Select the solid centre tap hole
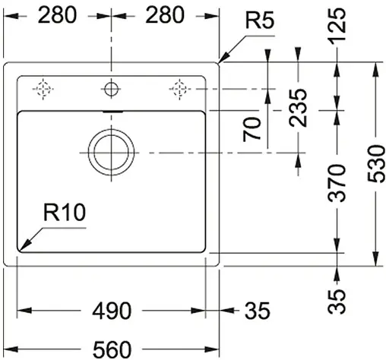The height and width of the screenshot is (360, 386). point(112,89)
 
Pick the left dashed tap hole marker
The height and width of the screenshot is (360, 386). point(44,89)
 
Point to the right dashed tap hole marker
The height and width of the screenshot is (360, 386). point(179,89)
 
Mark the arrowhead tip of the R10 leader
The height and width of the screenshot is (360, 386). point(20,250)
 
